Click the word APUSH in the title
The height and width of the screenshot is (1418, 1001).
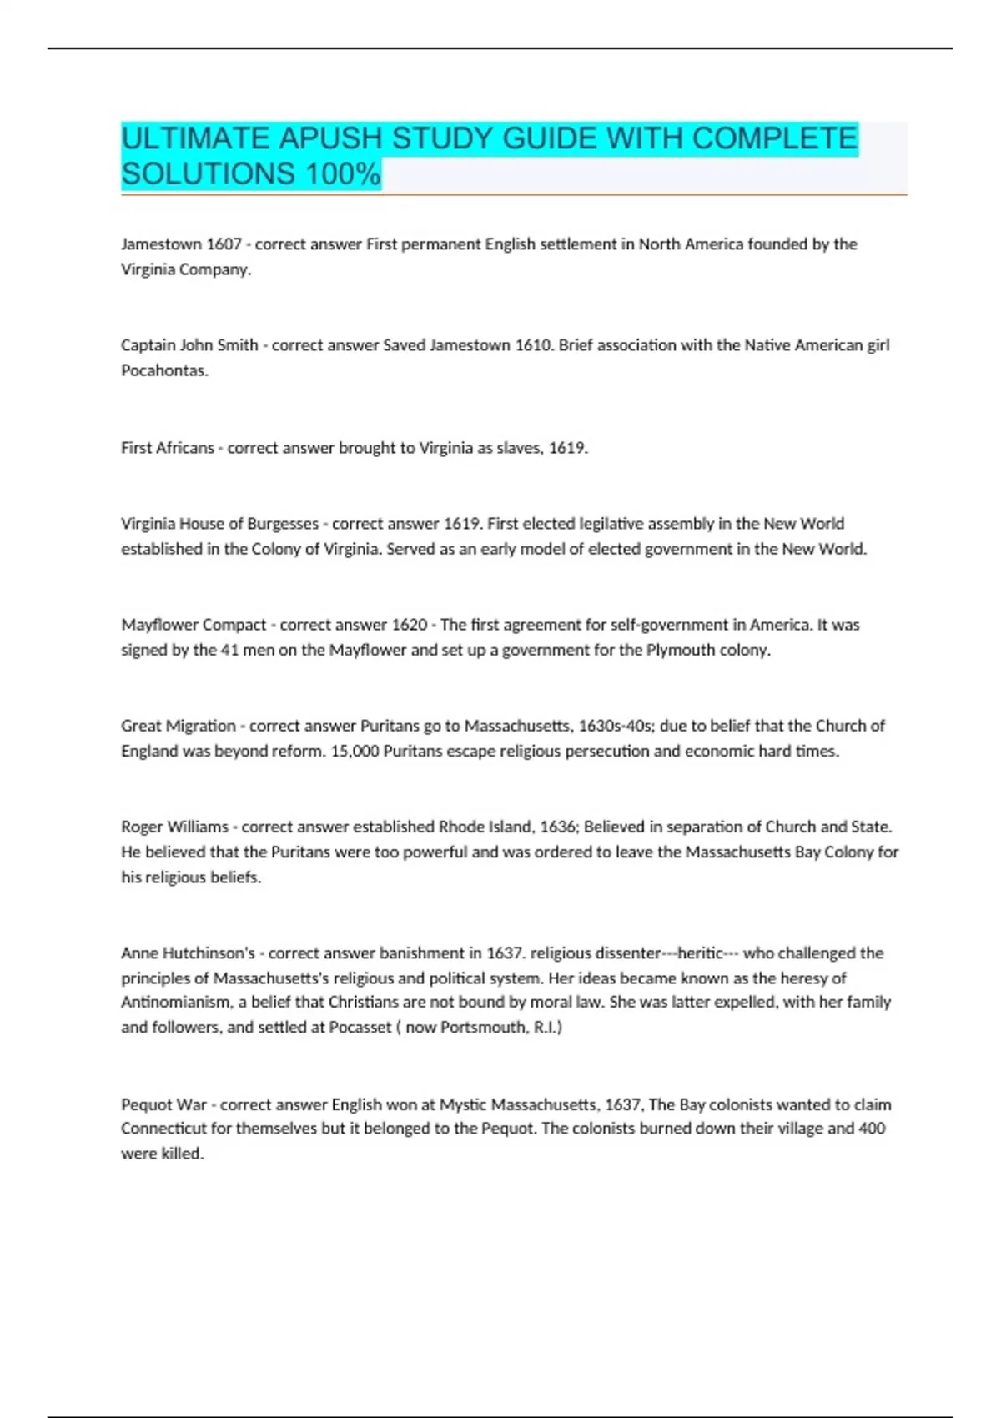330,138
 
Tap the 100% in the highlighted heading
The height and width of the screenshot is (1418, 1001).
343,174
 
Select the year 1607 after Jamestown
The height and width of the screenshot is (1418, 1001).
224,244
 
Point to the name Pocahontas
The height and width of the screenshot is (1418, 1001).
164,370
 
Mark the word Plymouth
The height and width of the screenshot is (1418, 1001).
678,650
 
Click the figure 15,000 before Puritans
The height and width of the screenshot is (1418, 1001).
355,751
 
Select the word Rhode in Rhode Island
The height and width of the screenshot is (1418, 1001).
461,827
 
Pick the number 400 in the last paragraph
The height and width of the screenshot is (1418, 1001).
872,1129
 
